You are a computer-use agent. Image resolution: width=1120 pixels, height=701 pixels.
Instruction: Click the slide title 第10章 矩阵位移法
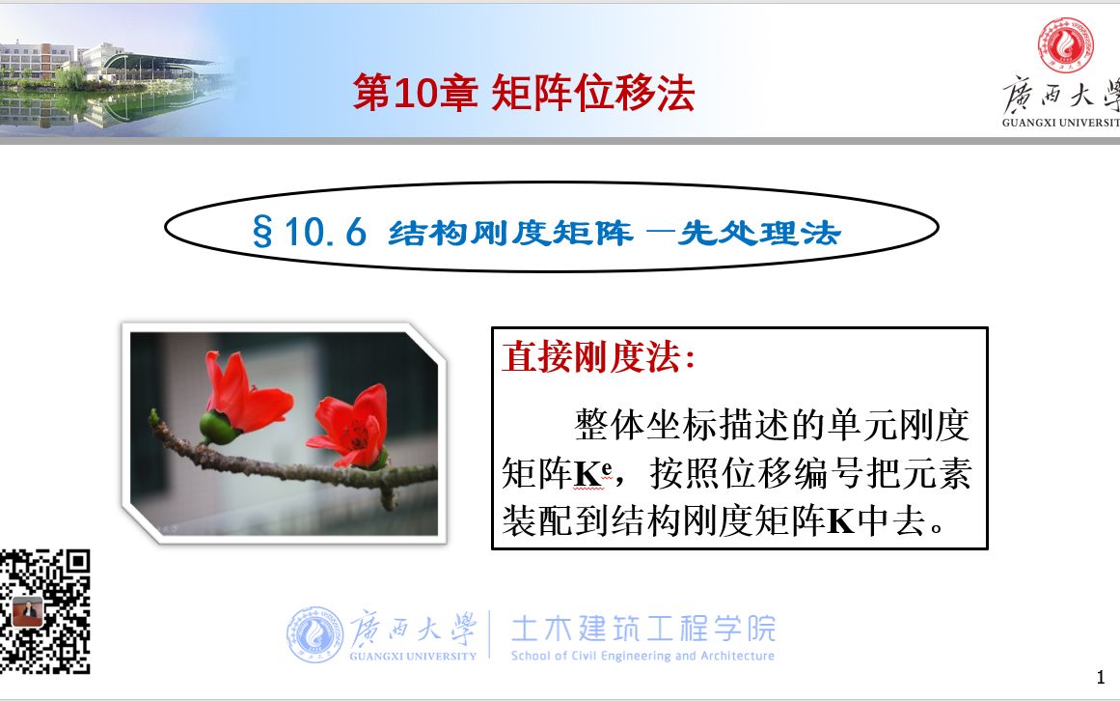(523, 95)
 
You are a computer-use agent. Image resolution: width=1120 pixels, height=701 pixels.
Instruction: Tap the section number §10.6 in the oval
(309, 233)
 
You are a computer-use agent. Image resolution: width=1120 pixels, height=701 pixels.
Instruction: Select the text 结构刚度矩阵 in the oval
(509, 233)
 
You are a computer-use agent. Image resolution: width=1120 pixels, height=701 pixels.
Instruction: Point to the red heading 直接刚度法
(597, 357)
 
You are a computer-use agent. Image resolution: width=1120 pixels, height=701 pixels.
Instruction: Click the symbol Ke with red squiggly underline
(593, 475)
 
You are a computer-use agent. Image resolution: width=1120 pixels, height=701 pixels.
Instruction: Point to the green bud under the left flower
(217, 427)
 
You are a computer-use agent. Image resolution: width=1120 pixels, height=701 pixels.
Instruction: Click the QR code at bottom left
(45, 611)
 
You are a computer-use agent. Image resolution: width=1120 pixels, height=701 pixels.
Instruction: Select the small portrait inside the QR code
(28, 613)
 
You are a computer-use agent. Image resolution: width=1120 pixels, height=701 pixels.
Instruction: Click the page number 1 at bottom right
(1101, 675)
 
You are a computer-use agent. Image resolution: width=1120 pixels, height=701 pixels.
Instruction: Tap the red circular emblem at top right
(1065, 44)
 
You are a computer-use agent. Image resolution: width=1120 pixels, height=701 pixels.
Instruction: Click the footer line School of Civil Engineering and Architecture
(642, 657)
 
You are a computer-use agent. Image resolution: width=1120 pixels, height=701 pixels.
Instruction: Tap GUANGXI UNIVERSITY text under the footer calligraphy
(415, 657)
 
